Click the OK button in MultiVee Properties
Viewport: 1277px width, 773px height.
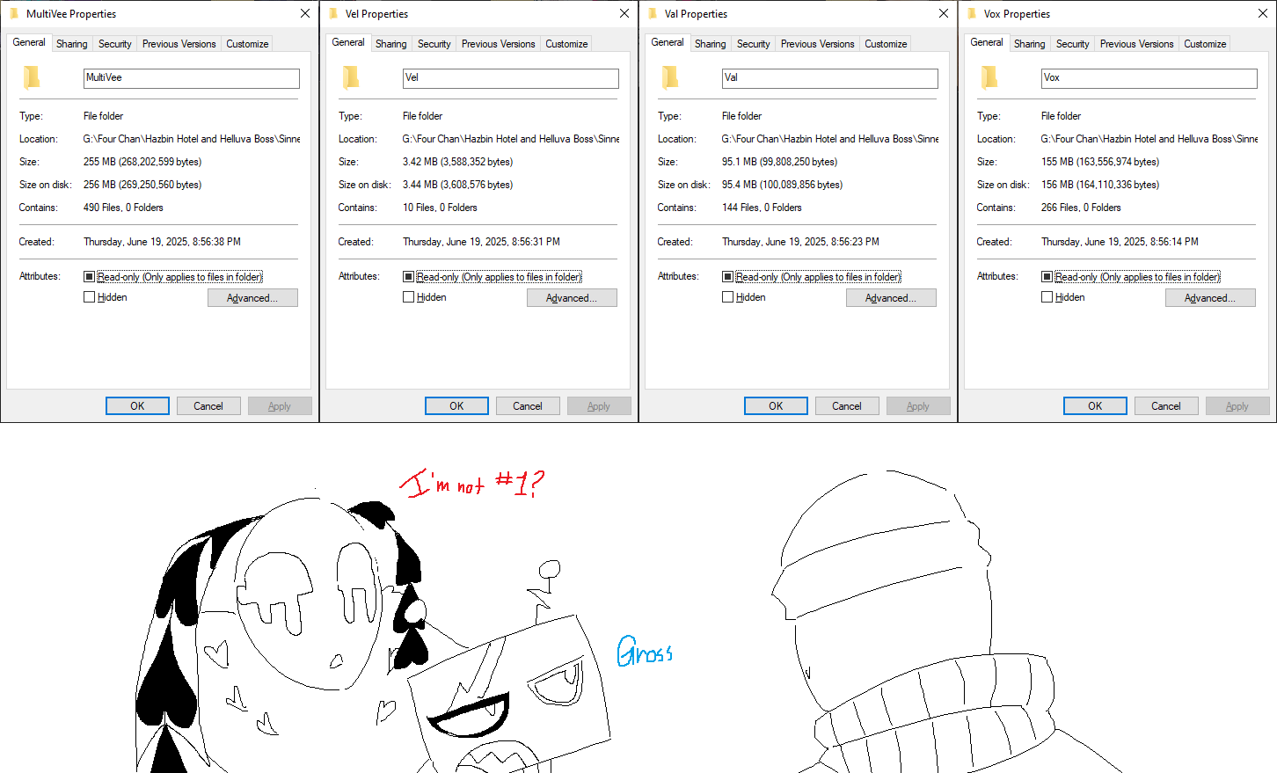(x=137, y=406)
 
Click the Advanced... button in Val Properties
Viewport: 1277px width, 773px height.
(x=891, y=297)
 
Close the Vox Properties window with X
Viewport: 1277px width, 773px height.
(x=1263, y=14)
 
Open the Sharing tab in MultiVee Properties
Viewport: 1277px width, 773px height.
(x=72, y=44)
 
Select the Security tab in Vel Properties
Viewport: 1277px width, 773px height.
(x=434, y=44)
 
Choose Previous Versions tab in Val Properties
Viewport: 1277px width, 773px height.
(x=818, y=44)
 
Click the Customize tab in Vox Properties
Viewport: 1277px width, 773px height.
(x=1205, y=44)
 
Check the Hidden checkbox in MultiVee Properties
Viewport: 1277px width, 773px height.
(x=89, y=297)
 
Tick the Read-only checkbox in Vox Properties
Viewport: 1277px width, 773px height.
(x=1047, y=276)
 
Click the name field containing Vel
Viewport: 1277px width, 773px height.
(x=510, y=78)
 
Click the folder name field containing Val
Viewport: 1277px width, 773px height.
(x=829, y=78)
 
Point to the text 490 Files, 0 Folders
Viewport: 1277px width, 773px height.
(x=123, y=208)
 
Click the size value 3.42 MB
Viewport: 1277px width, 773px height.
(x=420, y=162)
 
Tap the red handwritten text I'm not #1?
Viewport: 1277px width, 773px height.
(x=472, y=484)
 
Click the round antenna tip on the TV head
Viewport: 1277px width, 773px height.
(x=550, y=568)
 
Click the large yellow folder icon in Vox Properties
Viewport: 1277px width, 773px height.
(x=989, y=77)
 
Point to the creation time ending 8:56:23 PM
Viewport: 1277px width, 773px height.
(x=800, y=242)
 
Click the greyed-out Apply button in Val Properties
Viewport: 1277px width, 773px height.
(x=918, y=406)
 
